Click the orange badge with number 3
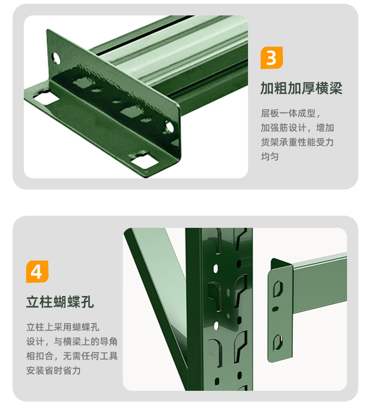[271, 58]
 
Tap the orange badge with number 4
[37, 272]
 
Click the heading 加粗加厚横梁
[301, 88]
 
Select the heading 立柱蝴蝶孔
[60, 302]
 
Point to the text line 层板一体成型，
[291, 113]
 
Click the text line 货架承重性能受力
[297, 142]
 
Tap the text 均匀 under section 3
[270, 156]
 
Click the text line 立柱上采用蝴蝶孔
[63, 327]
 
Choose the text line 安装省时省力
[54, 370]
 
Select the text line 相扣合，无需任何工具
[72, 356]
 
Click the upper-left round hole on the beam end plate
[56, 58]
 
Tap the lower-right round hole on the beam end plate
[169, 127]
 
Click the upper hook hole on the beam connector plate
[278, 289]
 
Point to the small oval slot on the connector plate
[275, 309]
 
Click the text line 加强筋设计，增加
[297, 127]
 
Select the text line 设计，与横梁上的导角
[72, 341]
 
